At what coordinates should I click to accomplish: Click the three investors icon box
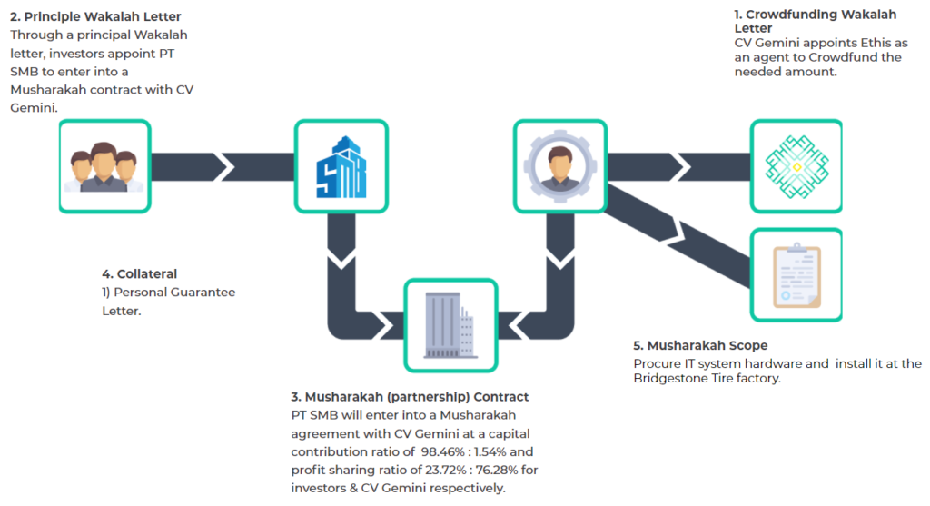[x=105, y=166]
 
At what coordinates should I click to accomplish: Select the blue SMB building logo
[x=341, y=167]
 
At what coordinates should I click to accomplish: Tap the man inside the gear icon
[x=559, y=166]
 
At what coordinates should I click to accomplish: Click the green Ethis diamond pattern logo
[x=796, y=166]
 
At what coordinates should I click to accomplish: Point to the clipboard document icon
[x=796, y=275]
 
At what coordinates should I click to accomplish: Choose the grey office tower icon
[x=450, y=325]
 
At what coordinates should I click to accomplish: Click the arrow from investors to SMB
[x=223, y=166]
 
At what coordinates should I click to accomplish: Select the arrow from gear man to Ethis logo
[x=678, y=166]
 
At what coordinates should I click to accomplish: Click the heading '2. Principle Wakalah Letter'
[x=95, y=16]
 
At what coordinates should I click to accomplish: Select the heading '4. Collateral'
[x=139, y=274]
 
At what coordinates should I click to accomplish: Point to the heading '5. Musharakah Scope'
[x=700, y=345]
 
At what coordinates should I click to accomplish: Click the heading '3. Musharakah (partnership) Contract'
[x=410, y=397]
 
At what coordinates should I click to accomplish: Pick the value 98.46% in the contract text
[x=443, y=452]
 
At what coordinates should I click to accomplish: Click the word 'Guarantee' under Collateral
[x=203, y=293]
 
